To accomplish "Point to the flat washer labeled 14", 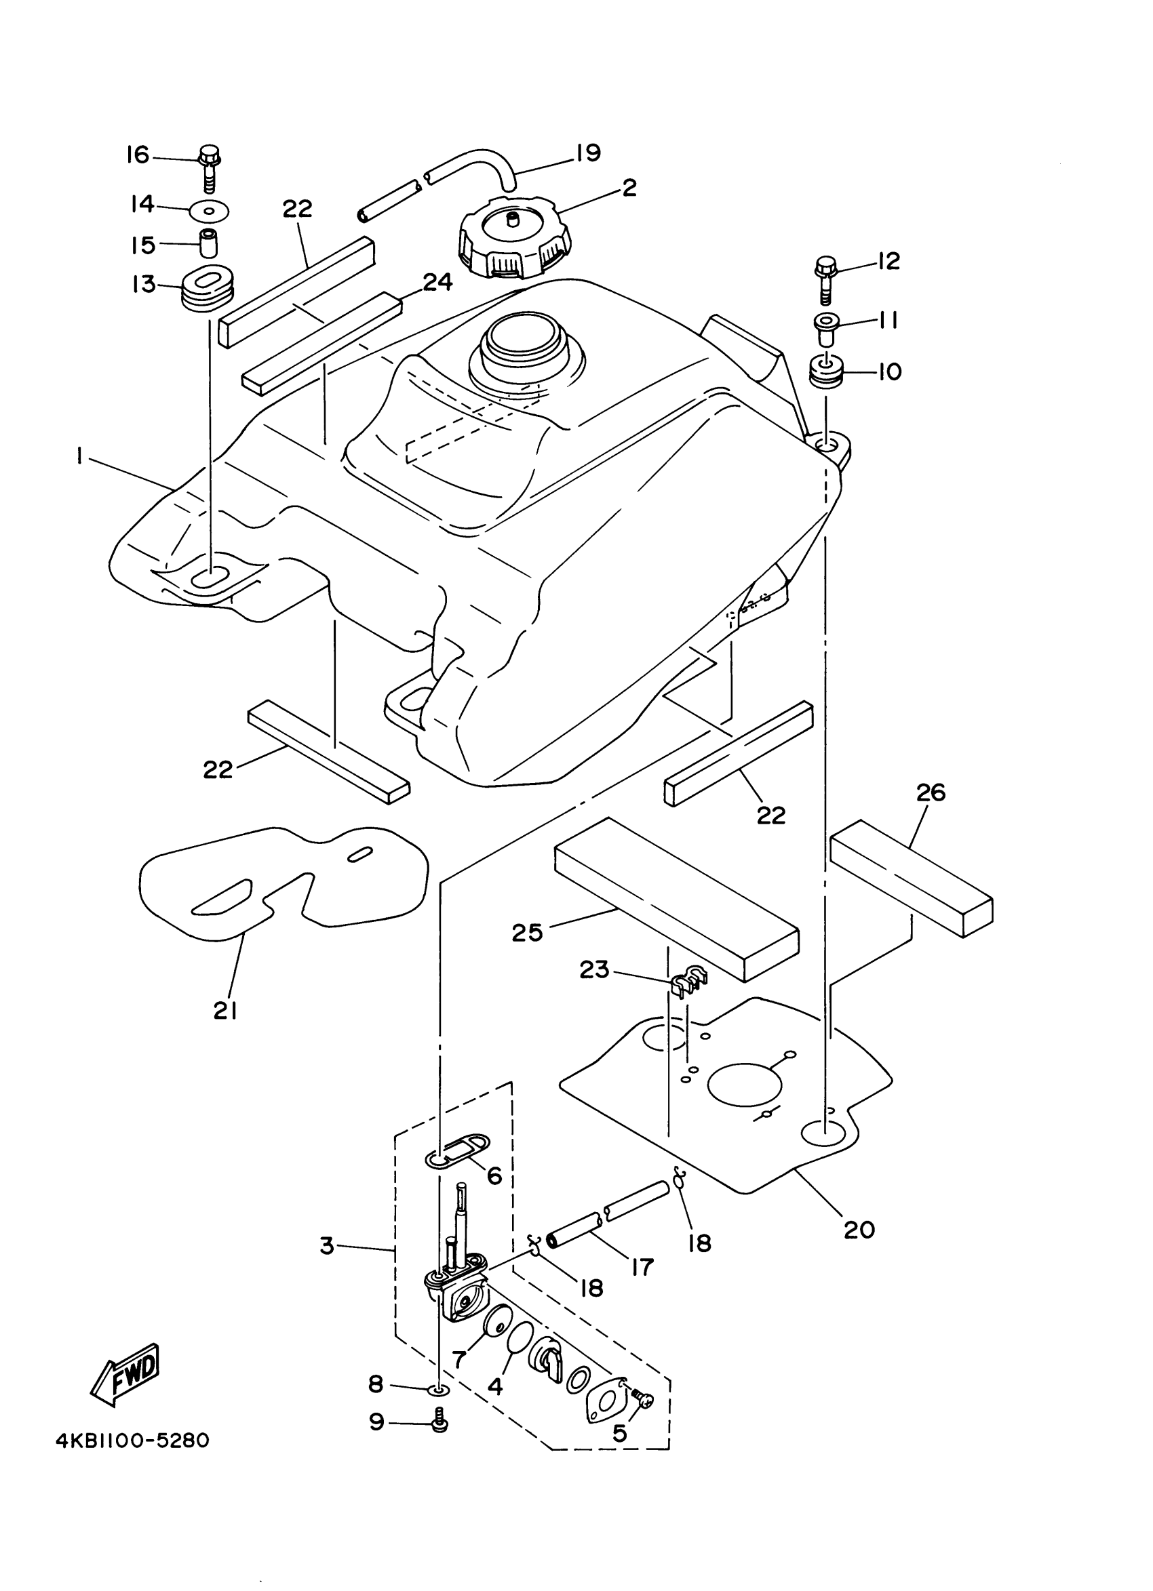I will [210, 209].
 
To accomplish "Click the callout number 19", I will [588, 153].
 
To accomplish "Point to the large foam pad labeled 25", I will [675, 900].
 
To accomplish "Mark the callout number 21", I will [224, 1011].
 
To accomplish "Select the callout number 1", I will [81, 457].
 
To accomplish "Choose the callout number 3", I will [327, 1247].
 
